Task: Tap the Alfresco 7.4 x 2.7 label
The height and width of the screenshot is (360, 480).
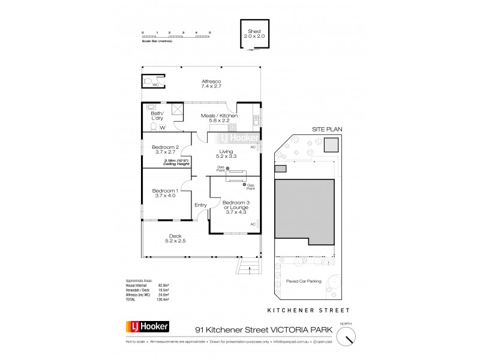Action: [211, 84]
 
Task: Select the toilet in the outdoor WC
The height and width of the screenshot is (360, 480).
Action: [148, 80]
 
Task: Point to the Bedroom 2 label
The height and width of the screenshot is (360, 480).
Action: [165, 151]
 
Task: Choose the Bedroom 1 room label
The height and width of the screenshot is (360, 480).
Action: [165, 193]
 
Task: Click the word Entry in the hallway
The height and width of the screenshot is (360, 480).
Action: [200, 205]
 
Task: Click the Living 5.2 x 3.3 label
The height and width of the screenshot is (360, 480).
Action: [226, 154]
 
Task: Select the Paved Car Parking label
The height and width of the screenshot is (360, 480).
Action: [304, 280]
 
